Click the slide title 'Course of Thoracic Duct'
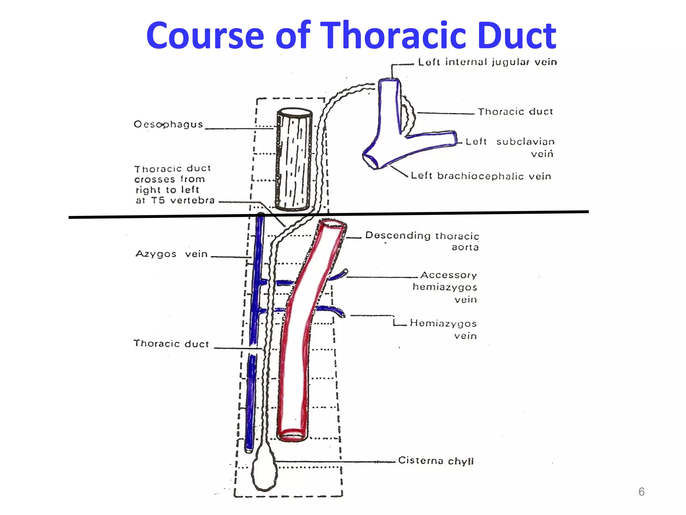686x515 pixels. (351, 36)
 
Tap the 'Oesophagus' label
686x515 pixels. (168, 124)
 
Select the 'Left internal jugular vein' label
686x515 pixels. (487, 62)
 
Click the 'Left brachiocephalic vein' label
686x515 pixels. (481, 176)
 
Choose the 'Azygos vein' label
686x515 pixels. (171, 254)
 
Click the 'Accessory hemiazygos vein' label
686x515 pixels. (445, 287)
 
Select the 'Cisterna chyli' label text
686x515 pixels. (436, 461)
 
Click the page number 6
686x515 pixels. (641, 492)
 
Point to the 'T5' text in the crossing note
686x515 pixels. (158, 201)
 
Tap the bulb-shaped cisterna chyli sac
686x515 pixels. (264, 473)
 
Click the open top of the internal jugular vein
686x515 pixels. (389, 80)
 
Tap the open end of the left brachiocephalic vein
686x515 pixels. (370, 161)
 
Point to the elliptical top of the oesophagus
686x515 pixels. (294, 113)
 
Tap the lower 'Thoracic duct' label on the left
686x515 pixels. (171, 344)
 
